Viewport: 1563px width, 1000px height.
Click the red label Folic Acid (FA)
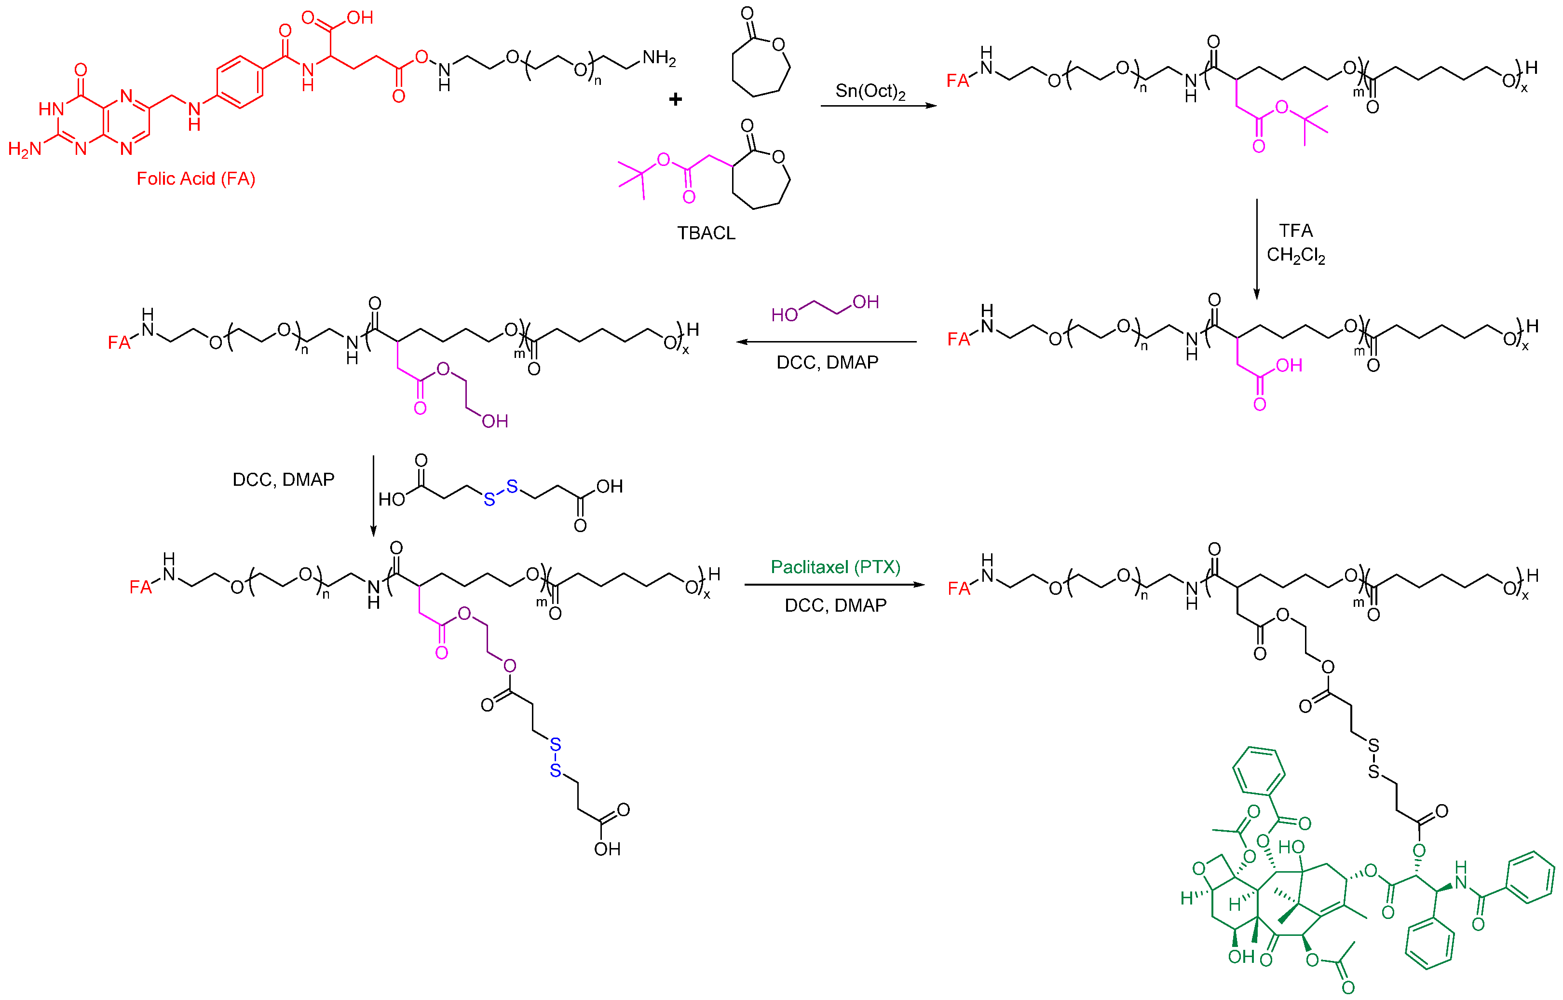195,178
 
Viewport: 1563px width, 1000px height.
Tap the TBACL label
706,233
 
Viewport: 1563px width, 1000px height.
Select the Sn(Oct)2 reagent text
870,91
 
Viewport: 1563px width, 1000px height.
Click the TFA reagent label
1295,231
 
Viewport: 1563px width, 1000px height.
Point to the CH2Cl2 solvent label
1295,255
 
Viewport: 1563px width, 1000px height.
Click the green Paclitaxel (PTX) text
835,567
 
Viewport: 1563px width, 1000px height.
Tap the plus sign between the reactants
676,99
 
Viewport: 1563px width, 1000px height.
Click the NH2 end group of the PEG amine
659,58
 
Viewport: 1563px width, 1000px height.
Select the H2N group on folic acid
25,150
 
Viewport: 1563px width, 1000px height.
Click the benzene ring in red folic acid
240,82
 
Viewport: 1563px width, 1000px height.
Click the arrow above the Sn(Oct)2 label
878,105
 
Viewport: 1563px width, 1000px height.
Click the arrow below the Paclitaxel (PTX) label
835,584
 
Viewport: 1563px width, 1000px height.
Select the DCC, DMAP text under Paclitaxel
835,605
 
